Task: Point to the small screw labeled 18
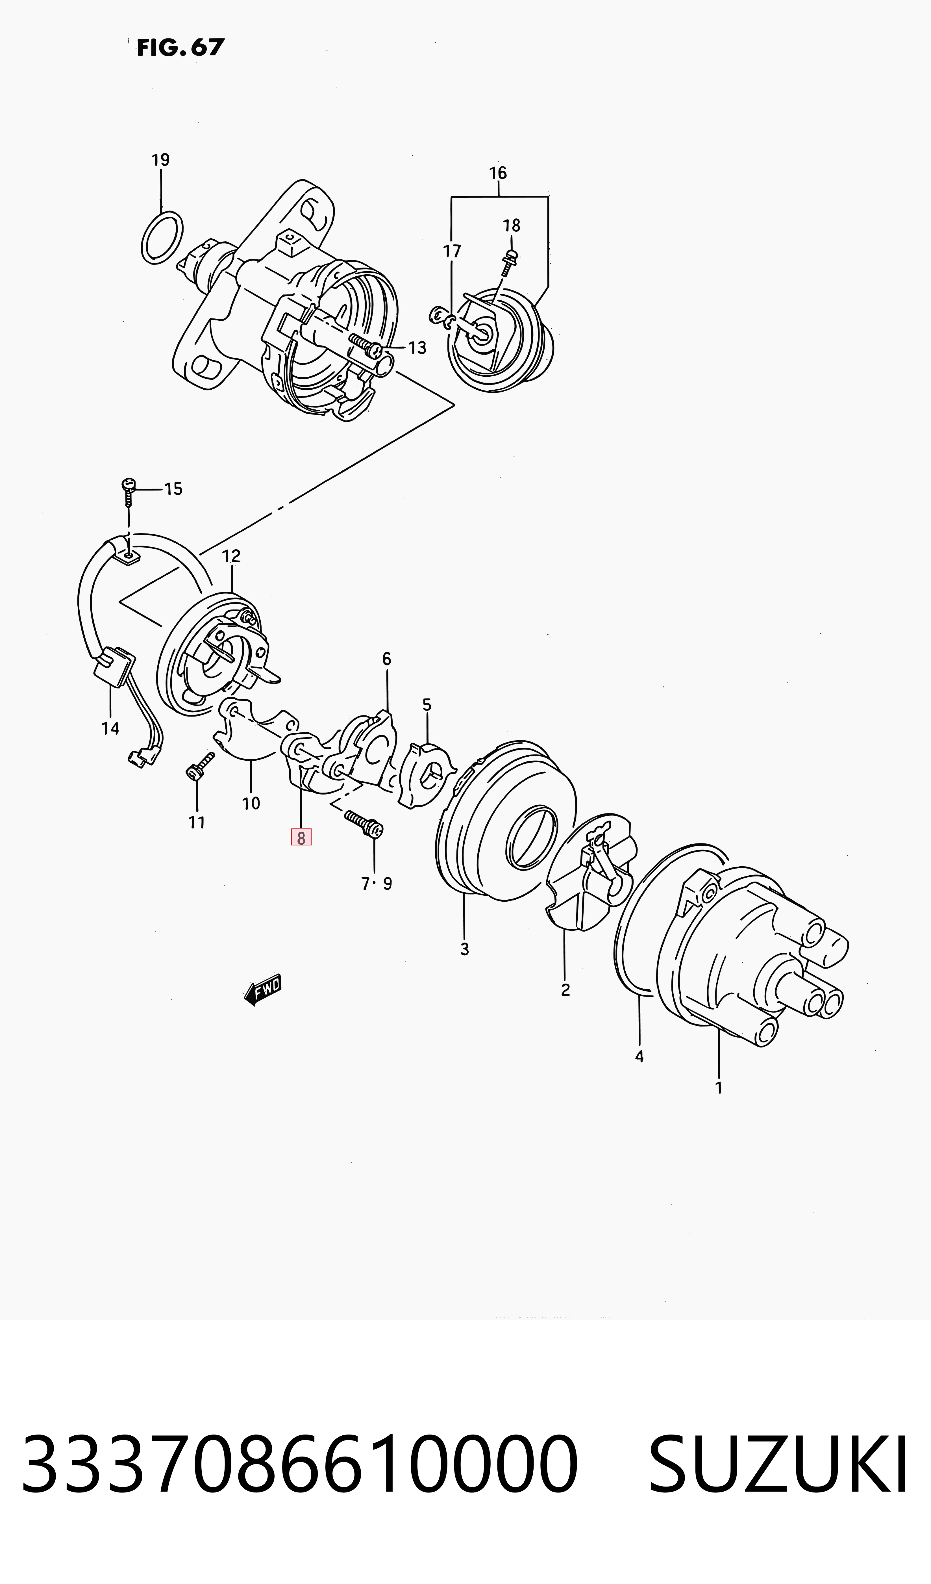(510, 263)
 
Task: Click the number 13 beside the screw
(417, 348)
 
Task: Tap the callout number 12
(231, 556)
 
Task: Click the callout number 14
(110, 728)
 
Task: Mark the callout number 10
(251, 803)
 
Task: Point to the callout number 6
(386, 659)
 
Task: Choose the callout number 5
(427, 705)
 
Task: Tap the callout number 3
(464, 949)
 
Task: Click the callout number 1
(719, 1088)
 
